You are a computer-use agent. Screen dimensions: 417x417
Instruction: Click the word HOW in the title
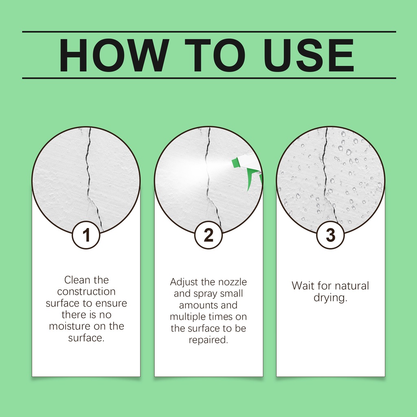coord(114,55)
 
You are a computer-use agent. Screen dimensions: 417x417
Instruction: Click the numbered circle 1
coord(86,235)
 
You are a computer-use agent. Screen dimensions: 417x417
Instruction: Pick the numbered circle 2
coord(208,235)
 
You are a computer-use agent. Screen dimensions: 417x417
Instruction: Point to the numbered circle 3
coord(330,235)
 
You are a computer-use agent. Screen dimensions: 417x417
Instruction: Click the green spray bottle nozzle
coord(236,163)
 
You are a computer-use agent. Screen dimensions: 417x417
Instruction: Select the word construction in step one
coord(86,292)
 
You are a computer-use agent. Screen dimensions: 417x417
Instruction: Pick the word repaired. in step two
coord(208,340)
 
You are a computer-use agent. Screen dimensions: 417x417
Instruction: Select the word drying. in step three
coord(330,298)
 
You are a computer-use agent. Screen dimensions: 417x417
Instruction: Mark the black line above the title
coord(209,32)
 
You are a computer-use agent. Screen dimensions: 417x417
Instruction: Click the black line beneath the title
coord(209,78)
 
